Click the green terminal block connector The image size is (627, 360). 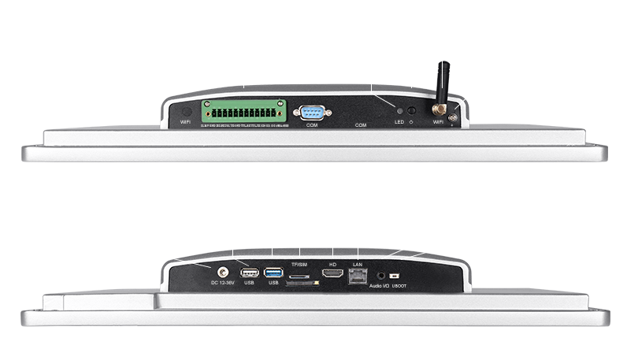click(x=243, y=111)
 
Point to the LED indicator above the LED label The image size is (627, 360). click(x=399, y=111)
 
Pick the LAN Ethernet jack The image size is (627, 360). click(x=357, y=274)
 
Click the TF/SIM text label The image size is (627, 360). click(x=299, y=264)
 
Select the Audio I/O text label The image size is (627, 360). click(x=378, y=285)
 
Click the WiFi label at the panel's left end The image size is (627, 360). click(x=186, y=122)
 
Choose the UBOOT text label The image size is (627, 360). click(x=399, y=285)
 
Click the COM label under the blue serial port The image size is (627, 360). click(x=312, y=124)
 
